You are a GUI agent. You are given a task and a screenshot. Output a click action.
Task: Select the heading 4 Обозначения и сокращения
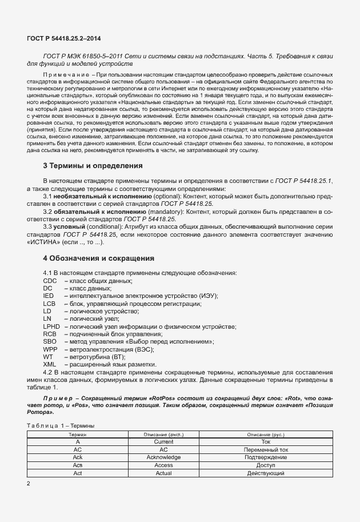point(98,258)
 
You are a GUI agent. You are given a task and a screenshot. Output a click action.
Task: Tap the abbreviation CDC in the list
point(50,281)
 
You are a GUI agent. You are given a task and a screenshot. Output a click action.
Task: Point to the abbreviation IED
point(48,296)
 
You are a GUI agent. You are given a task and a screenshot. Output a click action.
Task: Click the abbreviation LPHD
point(51,326)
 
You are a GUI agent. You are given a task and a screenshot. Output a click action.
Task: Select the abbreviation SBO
point(49,341)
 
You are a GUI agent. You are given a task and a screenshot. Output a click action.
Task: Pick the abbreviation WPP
point(50,349)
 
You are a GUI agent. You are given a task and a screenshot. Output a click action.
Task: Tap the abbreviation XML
point(50,364)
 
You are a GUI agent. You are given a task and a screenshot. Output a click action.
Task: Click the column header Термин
point(77,435)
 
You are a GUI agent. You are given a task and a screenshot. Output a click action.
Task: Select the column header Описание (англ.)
point(163,435)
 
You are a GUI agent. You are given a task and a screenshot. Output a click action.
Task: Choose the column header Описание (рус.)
point(266,435)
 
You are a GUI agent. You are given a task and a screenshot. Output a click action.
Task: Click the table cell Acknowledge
point(163,457)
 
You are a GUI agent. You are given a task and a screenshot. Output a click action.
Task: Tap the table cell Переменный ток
point(266,450)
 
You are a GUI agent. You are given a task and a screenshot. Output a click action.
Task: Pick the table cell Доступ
point(266,465)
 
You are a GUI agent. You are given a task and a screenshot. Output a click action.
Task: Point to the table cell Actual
point(163,473)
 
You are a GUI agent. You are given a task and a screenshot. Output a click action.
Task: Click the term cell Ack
point(77,457)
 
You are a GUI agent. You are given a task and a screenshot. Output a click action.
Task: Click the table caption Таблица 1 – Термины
point(61,425)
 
